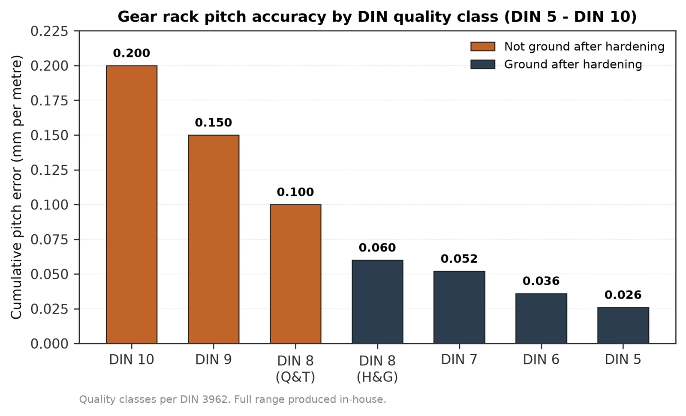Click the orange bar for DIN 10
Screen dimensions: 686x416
pos(132,204)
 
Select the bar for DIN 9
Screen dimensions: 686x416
pos(214,239)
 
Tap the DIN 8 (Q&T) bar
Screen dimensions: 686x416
pos(295,274)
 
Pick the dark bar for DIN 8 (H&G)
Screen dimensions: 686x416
pos(377,302)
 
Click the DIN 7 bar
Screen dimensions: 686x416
pos(459,307)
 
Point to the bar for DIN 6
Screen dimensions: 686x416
pos(541,318)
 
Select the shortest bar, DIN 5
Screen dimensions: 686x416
pos(623,326)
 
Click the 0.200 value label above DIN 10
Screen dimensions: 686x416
pos(132,53)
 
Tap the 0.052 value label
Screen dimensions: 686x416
pos(459,259)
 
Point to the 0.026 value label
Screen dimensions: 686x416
pos(623,295)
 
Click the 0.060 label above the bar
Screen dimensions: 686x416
pos(377,248)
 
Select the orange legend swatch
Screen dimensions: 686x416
pos(483,47)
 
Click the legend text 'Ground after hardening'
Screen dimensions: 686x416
pos(573,64)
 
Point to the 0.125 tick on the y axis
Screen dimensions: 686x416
pos(49,170)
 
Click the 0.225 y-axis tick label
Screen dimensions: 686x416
pos(49,31)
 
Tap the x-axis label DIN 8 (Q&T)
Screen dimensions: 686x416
pos(295,369)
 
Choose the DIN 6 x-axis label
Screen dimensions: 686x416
pos(541,359)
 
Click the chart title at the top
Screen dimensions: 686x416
pos(377,17)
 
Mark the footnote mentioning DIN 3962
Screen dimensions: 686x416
pos(233,399)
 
